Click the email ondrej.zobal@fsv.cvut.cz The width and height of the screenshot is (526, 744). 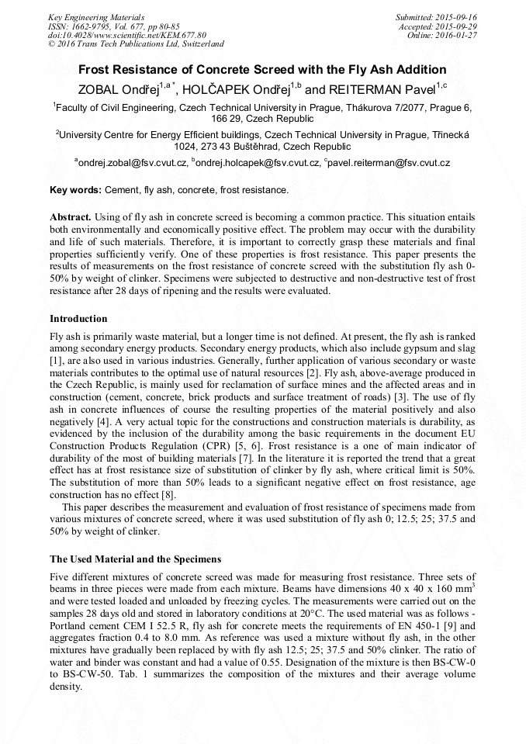pyautogui.click(x=133, y=163)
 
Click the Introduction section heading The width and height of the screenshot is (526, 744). pyautogui.click(x=78, y=318)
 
